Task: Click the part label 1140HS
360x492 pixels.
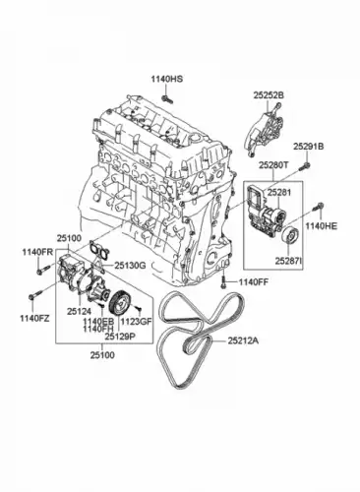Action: click(167, 79)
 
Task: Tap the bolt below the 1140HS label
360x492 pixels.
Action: click(167, 98)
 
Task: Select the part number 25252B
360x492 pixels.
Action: click(269, 95)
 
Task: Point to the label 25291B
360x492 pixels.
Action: click(308, 147)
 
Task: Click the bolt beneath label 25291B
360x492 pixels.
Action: click(305, 166)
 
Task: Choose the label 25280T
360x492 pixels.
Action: click(273, 165)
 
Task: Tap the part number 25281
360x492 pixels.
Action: click(279, 193)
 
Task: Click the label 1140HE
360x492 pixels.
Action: click(321, 226)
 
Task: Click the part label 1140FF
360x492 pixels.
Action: click(254, 281)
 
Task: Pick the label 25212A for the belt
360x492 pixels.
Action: click(243, 341)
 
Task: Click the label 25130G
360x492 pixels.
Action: click(130, 266)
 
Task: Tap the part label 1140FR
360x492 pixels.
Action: click(37, 252)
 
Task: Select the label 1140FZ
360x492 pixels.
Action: click(34, 318)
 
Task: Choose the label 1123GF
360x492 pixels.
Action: click(137, 322)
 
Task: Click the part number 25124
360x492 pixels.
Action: click(79, 311)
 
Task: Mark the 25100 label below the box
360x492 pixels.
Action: click(102, 354)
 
